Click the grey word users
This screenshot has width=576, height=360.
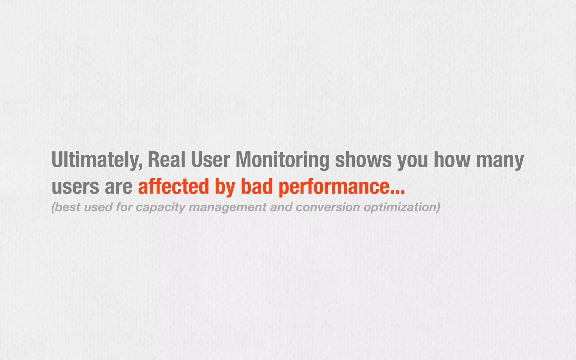click(75, 187)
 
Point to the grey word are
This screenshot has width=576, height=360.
click(118, 187)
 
